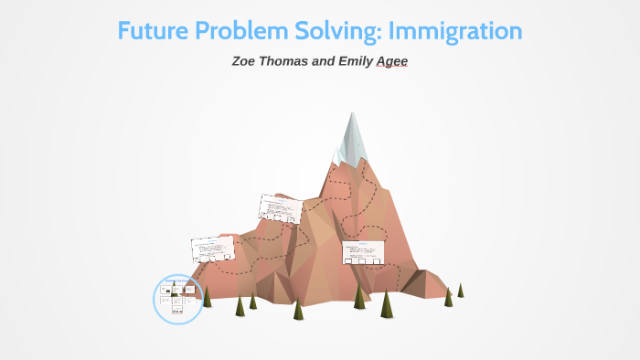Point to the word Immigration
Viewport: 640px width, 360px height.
(x=455, y=30)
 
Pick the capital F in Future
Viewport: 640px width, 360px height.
(x=126, y=30)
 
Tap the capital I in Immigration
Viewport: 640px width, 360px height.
(x=393, y=30)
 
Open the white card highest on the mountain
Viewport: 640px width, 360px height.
(x=281, y=208)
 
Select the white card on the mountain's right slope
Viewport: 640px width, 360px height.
(x=362, y=252)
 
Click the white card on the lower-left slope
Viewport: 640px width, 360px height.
(x=212, y=249)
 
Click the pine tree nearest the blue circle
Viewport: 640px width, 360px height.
(x=208, y=296)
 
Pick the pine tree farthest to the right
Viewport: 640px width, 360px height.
(x=461, y=290)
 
